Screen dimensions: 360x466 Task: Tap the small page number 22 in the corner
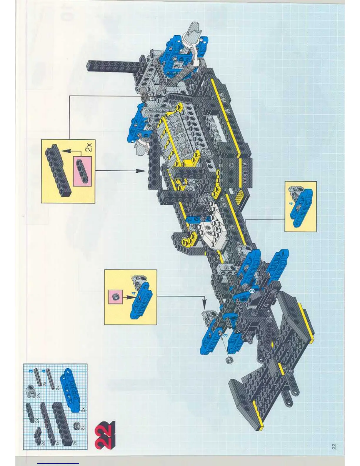click(x=334, y=446)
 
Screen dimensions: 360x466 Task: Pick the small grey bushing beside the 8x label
click(x=77, y=427)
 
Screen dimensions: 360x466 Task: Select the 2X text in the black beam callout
click(x=88, y=147)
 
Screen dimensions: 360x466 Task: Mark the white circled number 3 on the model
click(x=252, y=291)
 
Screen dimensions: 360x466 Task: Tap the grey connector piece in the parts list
click(x=34, y=391)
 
